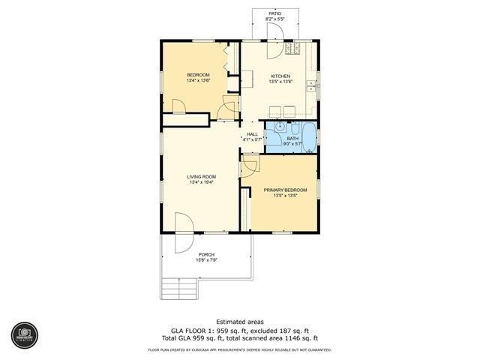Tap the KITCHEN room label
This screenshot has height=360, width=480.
[280, 76]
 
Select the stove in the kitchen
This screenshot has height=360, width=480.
[292, 49]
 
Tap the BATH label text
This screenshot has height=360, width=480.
[292, 139]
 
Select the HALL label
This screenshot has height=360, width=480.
[252, 134]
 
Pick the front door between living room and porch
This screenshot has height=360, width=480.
[182, 232]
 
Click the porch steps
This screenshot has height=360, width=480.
[180, 287]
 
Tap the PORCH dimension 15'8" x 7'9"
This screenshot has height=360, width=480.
[206, 260]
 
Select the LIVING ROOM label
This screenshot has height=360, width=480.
[202, 176]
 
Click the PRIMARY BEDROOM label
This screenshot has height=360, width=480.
[285, 190]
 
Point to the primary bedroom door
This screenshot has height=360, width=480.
[248, 166]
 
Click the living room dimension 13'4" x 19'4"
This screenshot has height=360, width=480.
[202, 182]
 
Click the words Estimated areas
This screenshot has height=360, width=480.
[239, 321]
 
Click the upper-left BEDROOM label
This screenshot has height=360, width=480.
[198, 75]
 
